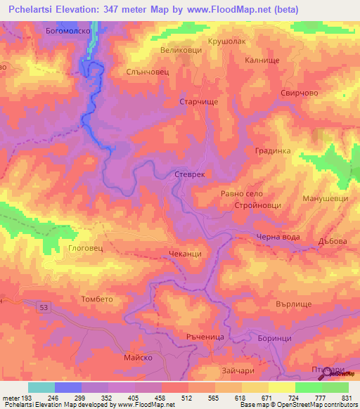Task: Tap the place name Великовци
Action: point(181,51)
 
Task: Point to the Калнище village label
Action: point(263,60)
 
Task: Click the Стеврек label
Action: point(189,173)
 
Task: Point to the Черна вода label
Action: point(278,237)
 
